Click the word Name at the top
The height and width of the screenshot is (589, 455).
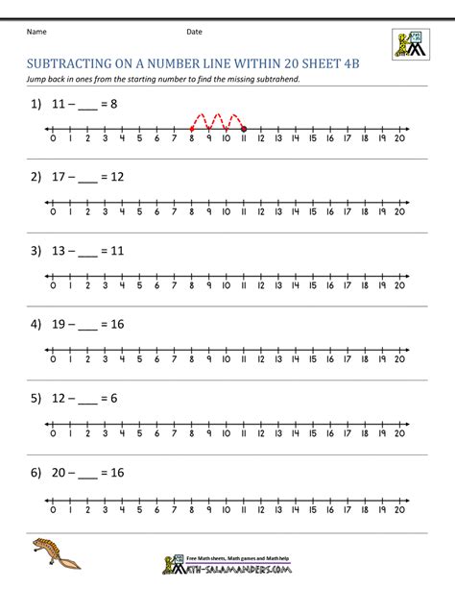pos(36,32)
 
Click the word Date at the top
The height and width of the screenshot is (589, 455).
pos(194,32)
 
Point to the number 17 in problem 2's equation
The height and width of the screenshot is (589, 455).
pos(59,178)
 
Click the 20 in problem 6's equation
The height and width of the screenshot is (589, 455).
pos(60,473)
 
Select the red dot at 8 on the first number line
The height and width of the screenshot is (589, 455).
pos(191,129)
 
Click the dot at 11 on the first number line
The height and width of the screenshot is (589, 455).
pos(243,129)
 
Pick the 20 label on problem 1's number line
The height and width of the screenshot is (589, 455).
pos(399,138)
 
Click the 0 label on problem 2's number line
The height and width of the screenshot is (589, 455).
pos(52,211)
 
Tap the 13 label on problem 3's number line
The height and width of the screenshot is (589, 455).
pos(277,285)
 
